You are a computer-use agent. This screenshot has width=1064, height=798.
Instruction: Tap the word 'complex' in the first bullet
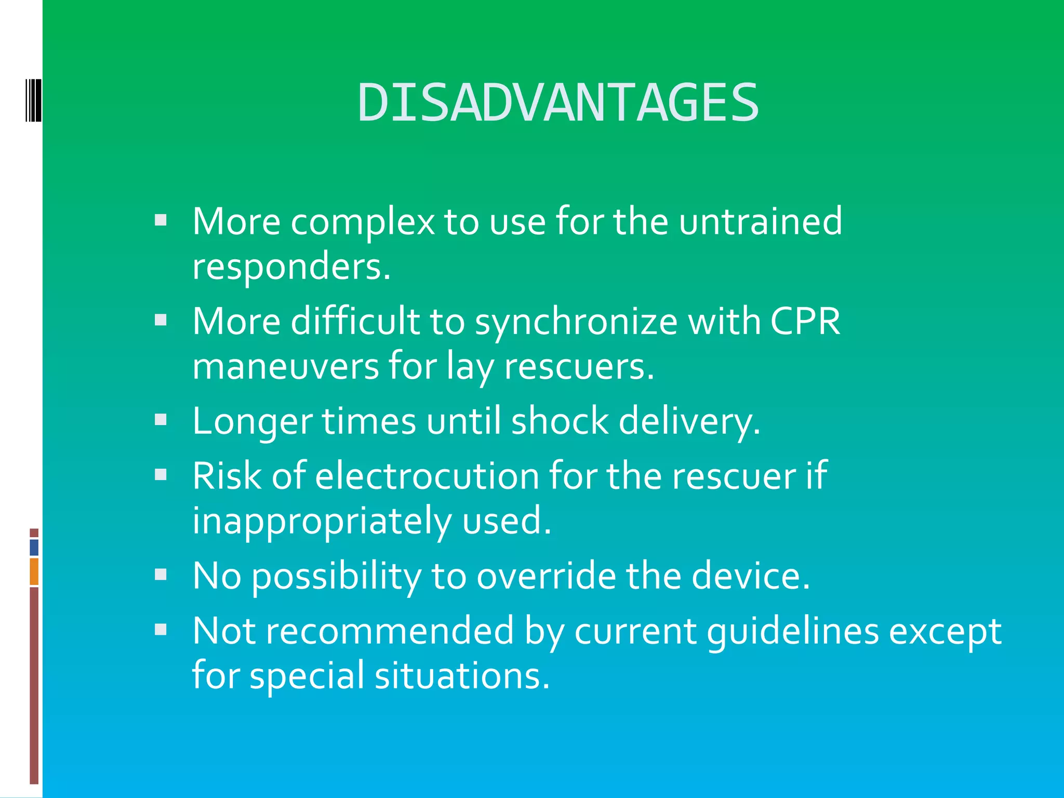pyautogui.click(x=362, y=222)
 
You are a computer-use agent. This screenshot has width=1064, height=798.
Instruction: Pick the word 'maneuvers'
pyautogui.click(x=286, y=367)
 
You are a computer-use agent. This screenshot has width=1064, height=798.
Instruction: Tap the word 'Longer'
pyautogui.click(x=252, y=421)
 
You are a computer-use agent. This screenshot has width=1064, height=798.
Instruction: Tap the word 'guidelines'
pyautogui.click(x=793, y=632)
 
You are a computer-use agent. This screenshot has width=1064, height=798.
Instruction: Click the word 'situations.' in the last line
pyautogui.click(x=462, y=676)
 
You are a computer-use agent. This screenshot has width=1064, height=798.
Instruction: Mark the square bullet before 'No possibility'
pyautogui.click(x=161, y=574)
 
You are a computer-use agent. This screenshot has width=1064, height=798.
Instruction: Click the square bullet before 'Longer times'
pyautogui.click(x=161, y=419)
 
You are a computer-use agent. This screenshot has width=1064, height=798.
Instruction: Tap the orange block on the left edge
pyautogui.click(x=34, y=571)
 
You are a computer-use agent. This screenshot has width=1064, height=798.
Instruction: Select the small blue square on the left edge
pyautogui.click(x=34, y=548)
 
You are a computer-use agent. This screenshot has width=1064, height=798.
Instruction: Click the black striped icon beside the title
pyautogui.click(x=33, y=100)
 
